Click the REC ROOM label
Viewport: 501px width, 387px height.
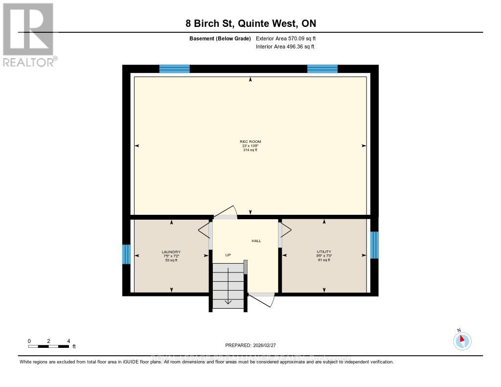click(250, 142)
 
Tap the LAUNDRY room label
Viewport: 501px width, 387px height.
click(171, 252)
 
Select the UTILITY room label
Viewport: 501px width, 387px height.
click(324, 252)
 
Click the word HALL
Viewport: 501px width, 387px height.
click(256, 241)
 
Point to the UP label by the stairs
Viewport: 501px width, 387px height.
click(228, 255)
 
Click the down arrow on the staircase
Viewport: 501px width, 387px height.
click(228, 299)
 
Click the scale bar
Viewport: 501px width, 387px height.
click(48, 346)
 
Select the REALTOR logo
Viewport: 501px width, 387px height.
click(29, 34)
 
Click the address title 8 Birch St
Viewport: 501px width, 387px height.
click(250, 23)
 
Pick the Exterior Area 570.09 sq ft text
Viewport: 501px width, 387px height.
click(289, 38)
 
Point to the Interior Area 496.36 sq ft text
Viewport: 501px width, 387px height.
click(285, 46)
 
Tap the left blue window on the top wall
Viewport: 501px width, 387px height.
click(174, 69)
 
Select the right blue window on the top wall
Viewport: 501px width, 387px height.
click(322, 69)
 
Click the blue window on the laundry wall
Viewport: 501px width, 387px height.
click(126, 254)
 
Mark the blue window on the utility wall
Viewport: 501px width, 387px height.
click(374, 245)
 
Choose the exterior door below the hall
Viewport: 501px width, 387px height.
click(262, 299)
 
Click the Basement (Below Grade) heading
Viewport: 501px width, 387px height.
click(220, 38)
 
